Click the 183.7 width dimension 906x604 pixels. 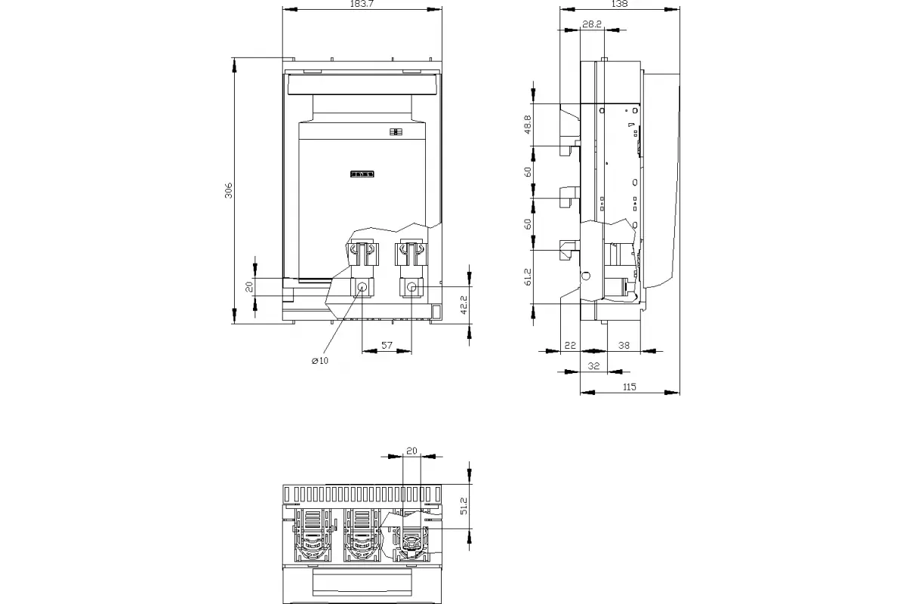coord(362,4)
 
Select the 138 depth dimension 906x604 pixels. coord(619,4)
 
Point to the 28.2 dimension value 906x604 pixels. coord(592,24)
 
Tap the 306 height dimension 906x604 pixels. coord(229,190)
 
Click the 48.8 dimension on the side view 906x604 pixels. coord(528,125)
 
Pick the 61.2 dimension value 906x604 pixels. coord(528,277)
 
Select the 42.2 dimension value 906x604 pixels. coord(464,304)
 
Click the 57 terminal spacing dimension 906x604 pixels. coord(387,345)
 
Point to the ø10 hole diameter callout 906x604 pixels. coord(320,360)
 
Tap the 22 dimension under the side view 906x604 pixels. coord(570,345)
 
